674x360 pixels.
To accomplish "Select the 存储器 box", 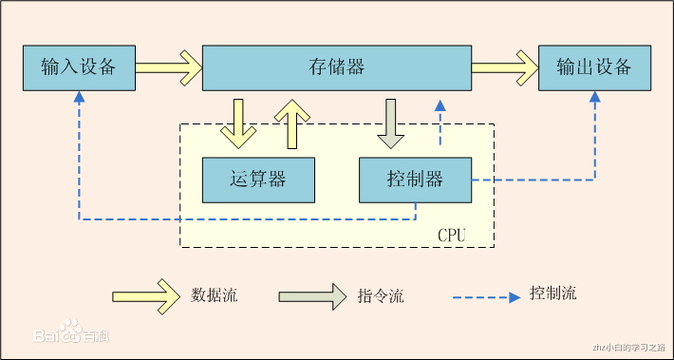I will pos(337,67).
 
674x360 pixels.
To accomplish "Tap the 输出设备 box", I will pos(595,67).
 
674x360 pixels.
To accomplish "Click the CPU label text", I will pos(452,234).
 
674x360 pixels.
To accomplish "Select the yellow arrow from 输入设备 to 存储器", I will pos(169,67).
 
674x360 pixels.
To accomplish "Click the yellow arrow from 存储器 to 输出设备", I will pos(504,67).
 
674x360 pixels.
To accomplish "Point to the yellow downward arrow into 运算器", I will pos(237,123).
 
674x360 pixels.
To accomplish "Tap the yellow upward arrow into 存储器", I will pos(292,123).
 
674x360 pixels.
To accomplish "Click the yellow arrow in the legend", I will pos(146,295).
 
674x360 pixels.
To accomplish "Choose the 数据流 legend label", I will pos(215,295).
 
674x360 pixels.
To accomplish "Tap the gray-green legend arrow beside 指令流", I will pos(312,295).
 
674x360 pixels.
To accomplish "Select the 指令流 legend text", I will pos(382,296).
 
